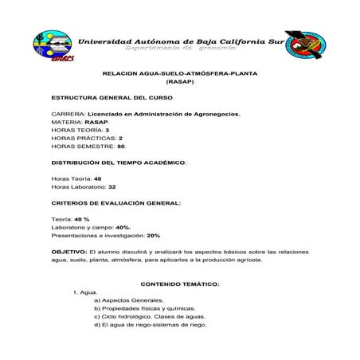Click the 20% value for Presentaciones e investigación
(x=154, y=236)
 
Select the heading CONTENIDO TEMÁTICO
(x=180, y=284)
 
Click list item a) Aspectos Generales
(x=128, y=300)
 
